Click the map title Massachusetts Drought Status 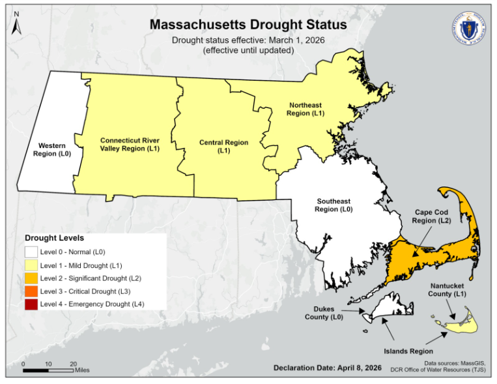click(x=248, y=24)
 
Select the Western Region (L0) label click(x=51, y=150)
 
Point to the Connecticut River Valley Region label click(x=130, y=144)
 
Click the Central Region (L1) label click(x=223, y=147)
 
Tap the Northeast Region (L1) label click(x=305, y=109)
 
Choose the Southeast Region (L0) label click(x=334, y=205)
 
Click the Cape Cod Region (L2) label click(x=431, y=216)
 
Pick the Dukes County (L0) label click(x=324, y=313)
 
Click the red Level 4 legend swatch click(x=31, y=304)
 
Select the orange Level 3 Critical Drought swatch click(x=31, y=291)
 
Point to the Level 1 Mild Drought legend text click(x=81, y=265)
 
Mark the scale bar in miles click(x=48, y=370)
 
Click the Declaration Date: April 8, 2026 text click(x=327, y=368)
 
